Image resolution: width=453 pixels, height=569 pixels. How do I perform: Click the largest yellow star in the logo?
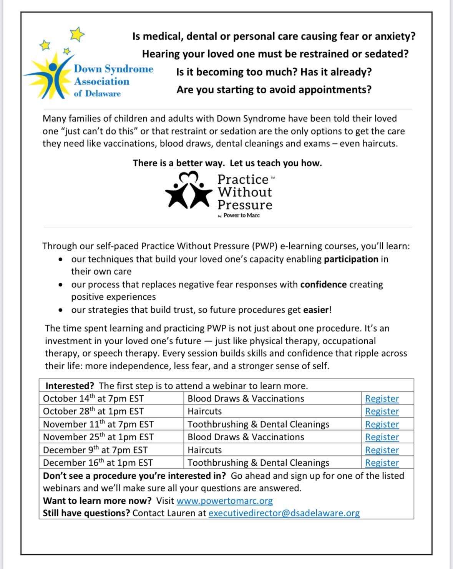tap(77, 34)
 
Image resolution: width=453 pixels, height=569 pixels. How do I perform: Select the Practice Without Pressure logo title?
tap(245, 192)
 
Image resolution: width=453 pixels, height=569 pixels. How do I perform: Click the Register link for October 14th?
tap(382, 398)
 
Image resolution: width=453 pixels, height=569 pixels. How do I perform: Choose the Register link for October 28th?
tap(382, 411)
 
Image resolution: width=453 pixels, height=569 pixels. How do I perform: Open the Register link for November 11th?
tap(382, 424)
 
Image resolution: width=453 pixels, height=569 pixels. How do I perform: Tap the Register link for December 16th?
tap(382, 463)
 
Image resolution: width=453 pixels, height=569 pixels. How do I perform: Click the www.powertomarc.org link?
tap(225, 501)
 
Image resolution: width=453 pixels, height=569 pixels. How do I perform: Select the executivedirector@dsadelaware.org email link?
tap(284, 513)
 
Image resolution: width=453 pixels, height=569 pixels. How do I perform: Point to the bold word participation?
tap(351, 259)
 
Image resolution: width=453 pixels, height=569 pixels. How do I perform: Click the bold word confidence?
tap(324, 284)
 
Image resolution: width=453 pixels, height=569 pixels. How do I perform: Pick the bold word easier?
tap(316, 310)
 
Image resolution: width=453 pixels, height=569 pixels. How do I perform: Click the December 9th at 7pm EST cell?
tap(95, 450)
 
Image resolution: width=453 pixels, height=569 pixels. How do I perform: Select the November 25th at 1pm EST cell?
tap(98, 437)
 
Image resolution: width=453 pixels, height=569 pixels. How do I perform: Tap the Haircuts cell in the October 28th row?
tap(205, 411)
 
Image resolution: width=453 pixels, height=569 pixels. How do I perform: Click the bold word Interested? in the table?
tap(70, 386)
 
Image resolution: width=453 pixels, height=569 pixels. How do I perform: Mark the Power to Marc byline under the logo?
tap(241, 215)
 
